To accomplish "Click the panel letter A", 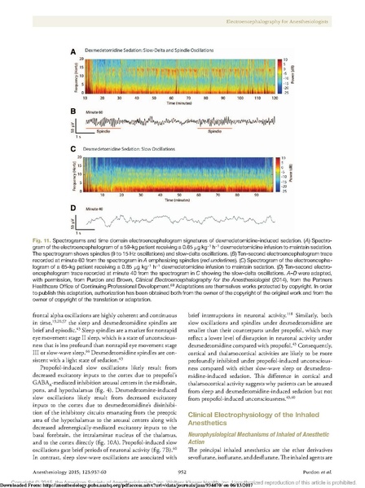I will (x=73, y=51).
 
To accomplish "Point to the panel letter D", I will (x=73, y=207).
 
